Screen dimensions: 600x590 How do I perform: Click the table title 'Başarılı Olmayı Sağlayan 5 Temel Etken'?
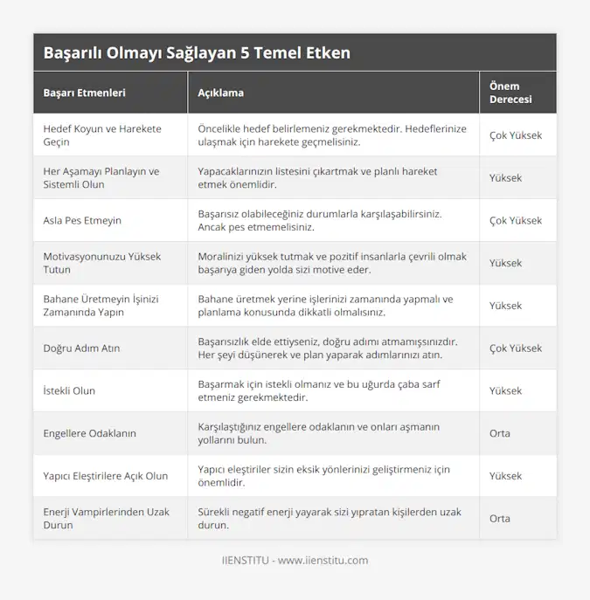tap(197, 52)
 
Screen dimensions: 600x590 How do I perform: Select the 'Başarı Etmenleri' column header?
tap(84, 93)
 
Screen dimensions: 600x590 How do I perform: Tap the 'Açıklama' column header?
tap(221, 93)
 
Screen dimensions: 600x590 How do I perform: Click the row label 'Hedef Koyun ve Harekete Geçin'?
tap(102, 135)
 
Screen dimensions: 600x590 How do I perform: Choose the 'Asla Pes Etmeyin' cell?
tap(82, 220)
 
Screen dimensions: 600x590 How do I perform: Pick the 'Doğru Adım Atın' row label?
tap(82, 348)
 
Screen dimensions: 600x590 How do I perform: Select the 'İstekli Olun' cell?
tap(69, 390)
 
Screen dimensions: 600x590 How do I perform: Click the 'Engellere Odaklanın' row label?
tap(89, 433)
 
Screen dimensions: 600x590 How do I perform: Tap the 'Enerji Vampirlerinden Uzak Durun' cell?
tap(106, 519)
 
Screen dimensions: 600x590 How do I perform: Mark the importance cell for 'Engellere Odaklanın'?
tap(500, 433)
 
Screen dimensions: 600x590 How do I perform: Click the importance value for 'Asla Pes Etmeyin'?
tap(516, 220)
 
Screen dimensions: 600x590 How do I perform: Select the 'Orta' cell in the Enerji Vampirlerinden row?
tap(500, 519)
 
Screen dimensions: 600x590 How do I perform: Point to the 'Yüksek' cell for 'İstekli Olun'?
tap(506, 390)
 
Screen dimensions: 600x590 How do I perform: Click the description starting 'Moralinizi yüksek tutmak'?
tap(332, 263)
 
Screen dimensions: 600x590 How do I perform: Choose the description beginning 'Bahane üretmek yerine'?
tap(325, 306)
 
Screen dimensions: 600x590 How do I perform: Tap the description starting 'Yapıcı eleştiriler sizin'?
tap(323, 476)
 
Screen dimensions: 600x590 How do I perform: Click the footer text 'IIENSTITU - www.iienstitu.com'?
tap(295, 561)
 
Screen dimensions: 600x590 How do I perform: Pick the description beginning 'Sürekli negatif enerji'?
tap(330, 519)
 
